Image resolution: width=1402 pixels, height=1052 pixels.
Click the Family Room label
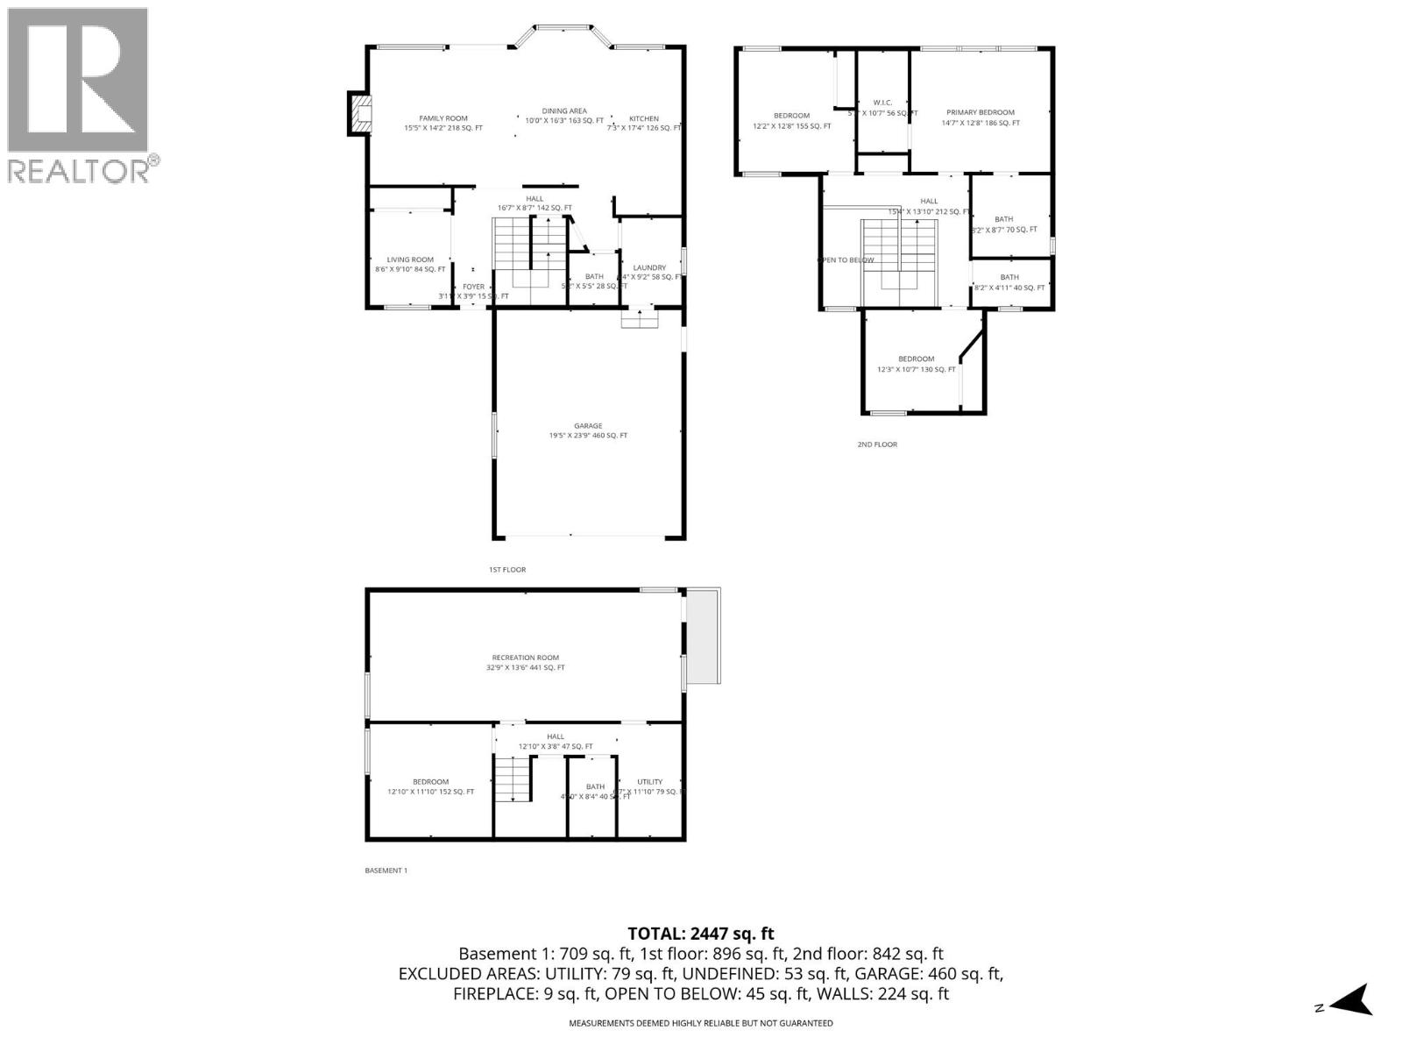pyautogui.click(x=443, y=118)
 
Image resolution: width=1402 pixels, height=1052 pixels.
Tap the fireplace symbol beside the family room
pyautogui.click(x=360, y=114)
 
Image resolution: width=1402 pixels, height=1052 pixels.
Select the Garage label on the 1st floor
pyautogui.click(x=588, y=426)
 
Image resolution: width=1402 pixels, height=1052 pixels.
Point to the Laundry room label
pyautogui.click(x=649, y=267)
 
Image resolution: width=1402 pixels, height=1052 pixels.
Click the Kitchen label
pyautogui.click(x=644, y=118)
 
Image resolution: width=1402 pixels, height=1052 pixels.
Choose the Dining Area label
pyautogui.click(x=564, y=110)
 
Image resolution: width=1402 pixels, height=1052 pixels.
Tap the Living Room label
pyautogui.click(x=410, y=259)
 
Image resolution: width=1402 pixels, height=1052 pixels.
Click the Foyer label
pyautogui.click(x=473, y=287)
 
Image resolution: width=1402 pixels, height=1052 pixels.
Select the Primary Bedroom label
pyautogui.click(x=980, y=112)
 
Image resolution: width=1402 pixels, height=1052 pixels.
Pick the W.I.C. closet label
pyautogui.click(x=882, y=102)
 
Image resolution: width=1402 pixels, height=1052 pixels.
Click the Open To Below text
pyautogui.click(x=846, y=259)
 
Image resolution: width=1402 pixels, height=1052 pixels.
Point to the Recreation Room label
pyautogui.click(x=525, y=657)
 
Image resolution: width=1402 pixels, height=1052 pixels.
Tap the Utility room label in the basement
pyautogui.click(x=649, y=782)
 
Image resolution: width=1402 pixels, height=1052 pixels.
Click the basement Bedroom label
pyautogui.click(x=430, y=782)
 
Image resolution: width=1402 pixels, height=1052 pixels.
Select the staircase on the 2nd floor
pyautogui.click(x=899, y=254)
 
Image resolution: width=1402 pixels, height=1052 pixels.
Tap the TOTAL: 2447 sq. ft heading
pyautogui.click(x=700, y=934)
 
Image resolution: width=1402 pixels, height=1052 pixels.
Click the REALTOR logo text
pyautogui.click(x=79, y=170)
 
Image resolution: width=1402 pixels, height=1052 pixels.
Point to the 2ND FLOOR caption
pyautogui.click(x=876, y=444)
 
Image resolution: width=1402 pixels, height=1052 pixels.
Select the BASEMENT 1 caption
pyautogui.click(x=386, y=871)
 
